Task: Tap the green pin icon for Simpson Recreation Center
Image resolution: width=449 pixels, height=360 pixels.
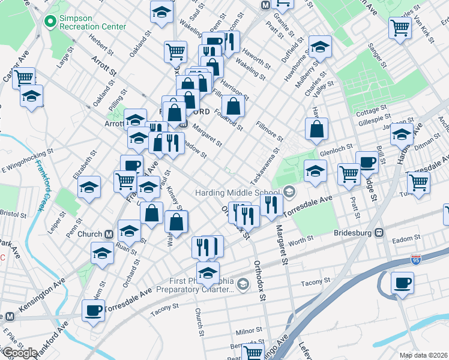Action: click(49, 22)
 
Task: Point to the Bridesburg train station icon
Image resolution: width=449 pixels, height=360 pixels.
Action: click(379, 232)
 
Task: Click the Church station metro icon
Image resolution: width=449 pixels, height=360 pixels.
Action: click(109, 234)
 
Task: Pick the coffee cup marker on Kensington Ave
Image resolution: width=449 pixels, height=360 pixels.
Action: click(93, 310)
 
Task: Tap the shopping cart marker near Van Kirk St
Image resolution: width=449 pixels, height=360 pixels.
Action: click(400, 27)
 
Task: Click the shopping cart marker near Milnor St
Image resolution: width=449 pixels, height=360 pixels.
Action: click(253, 353)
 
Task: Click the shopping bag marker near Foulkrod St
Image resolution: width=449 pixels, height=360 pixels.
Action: click(234, 107)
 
